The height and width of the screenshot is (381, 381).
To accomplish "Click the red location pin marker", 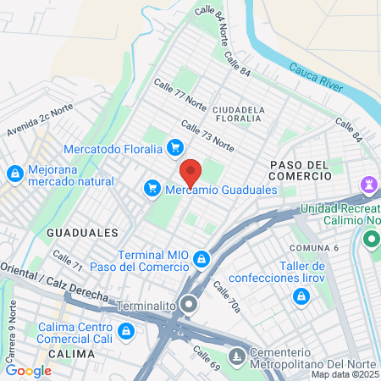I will (190, 173).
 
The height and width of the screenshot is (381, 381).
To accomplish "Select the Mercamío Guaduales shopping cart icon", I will (152, 188).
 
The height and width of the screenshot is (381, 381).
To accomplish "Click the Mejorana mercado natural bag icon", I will (14, 174).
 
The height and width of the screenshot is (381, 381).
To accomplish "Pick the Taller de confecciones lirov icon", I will (301, 296).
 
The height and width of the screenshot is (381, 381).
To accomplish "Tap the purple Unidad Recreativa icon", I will (369, 184).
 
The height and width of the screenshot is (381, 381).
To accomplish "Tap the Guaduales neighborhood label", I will (82, 232).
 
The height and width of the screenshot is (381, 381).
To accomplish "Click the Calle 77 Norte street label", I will (179, 95).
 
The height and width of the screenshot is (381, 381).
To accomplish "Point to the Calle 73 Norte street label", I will (207, 135).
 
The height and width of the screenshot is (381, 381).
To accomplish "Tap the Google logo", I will (29, 370).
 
